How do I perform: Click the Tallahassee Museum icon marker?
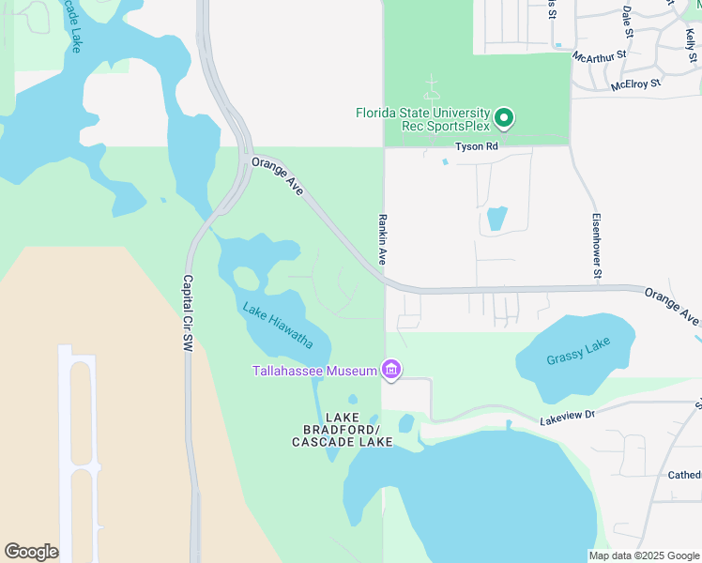[x=391, y=372]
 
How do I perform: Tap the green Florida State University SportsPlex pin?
[x=504, y=117]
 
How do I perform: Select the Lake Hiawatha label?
[x=278, y=325]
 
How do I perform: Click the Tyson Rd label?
[x=475, y=147]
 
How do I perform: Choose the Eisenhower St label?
[x=596, y=246]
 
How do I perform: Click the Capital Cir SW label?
[x=188, y=313]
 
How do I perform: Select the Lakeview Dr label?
[x=568, y=417]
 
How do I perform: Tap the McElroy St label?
[x=635, y=84]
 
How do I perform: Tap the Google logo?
[x=31, y=552]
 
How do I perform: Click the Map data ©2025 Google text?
[x=644, y=555]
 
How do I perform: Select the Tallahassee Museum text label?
[x=313, y=372]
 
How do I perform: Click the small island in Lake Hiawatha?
[x=246, y=278]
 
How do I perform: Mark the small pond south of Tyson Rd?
[x=496, y=219]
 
